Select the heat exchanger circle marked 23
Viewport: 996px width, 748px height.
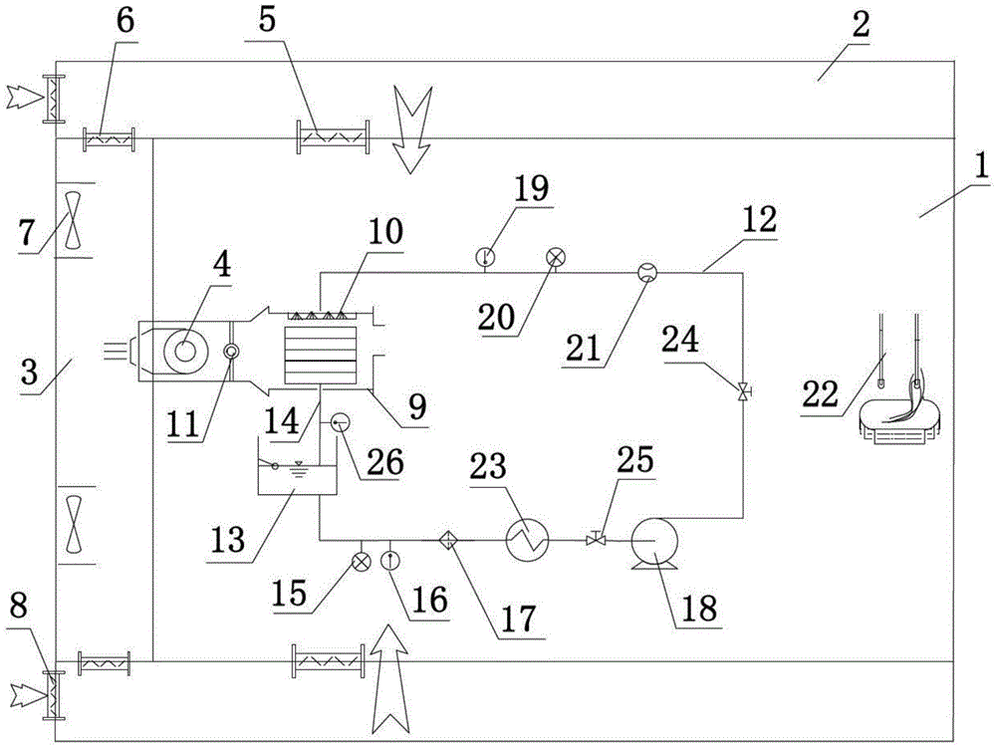click(x=527, y=541)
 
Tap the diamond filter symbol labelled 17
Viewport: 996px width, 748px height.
click(x=450, y=541)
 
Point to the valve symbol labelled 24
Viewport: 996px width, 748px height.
click(x=743, y=389)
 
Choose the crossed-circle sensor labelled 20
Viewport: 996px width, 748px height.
click(x=556, y=257)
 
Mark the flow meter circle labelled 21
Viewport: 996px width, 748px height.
click(x=647, y=273)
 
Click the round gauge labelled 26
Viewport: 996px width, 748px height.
click(x=341, y=421)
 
